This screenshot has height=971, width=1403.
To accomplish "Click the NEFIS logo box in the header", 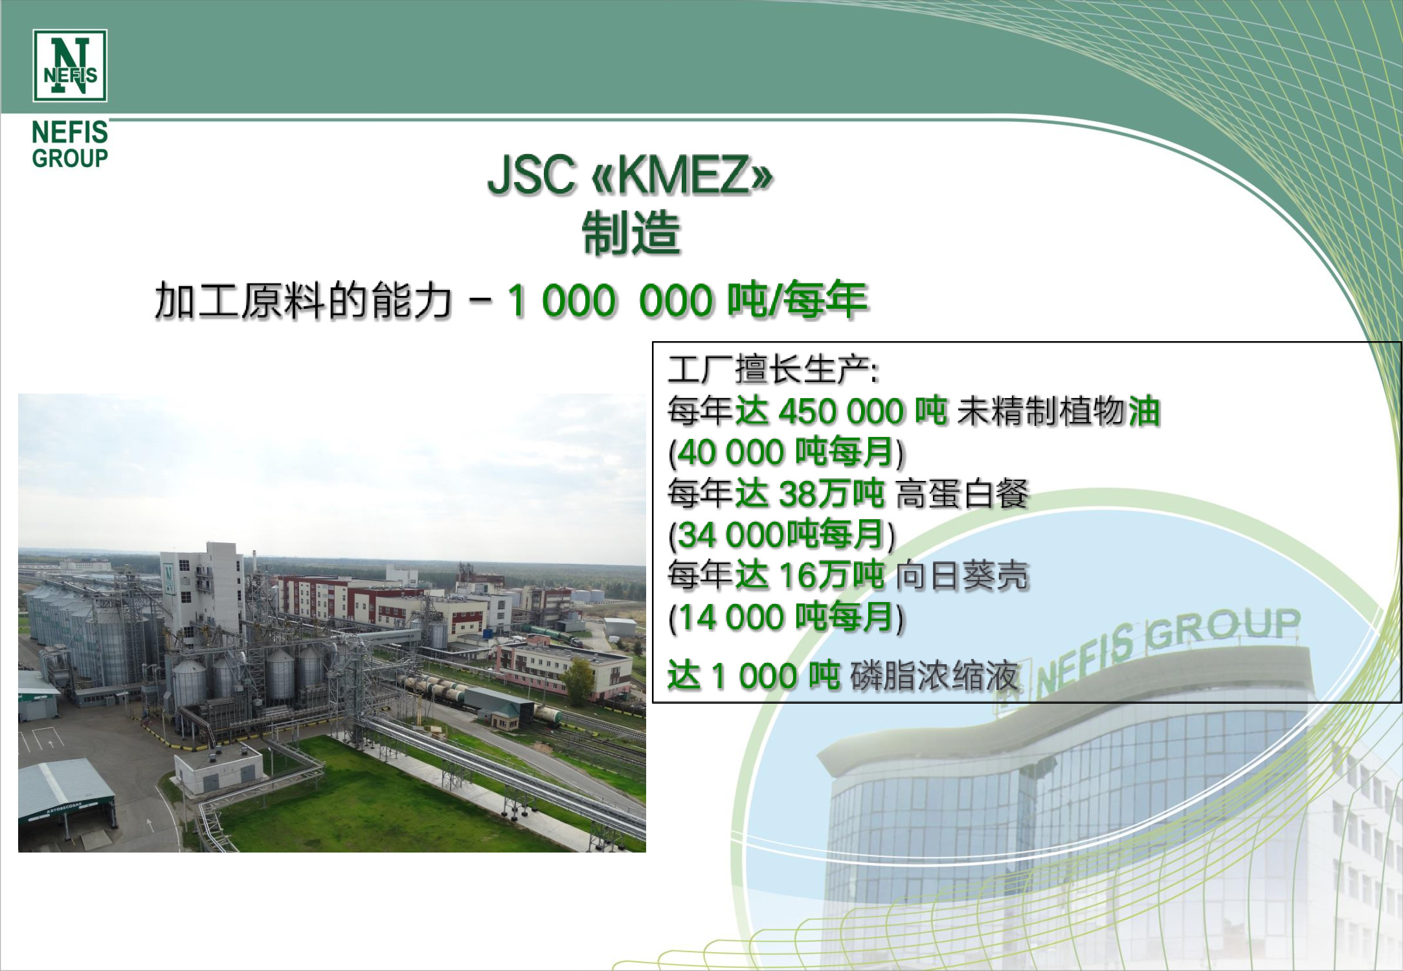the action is [x=70, y=65].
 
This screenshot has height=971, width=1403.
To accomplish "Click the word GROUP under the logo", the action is [x=70, y=158].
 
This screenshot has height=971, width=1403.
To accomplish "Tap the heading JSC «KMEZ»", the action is [x=630, y=175].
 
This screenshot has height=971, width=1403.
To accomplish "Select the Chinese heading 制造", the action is [x=631, y=232].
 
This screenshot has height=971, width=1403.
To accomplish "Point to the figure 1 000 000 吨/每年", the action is [x=688, y=301].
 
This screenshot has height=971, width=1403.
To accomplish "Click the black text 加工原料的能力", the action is [x=303, y=301].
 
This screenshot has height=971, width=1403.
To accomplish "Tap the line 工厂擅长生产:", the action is [x=773, y=370].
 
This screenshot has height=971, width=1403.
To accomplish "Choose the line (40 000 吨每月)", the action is [x=786, y=452].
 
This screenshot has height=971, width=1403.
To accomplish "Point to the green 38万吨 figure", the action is [x=831, y=494].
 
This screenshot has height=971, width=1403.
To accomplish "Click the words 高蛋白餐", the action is [x=963, y=494].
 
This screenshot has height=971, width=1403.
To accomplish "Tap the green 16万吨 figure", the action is [x=831, y=576].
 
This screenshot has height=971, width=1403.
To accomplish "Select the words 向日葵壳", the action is [x=963, y=576].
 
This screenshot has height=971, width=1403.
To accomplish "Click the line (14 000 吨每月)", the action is [x=786, y=618].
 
